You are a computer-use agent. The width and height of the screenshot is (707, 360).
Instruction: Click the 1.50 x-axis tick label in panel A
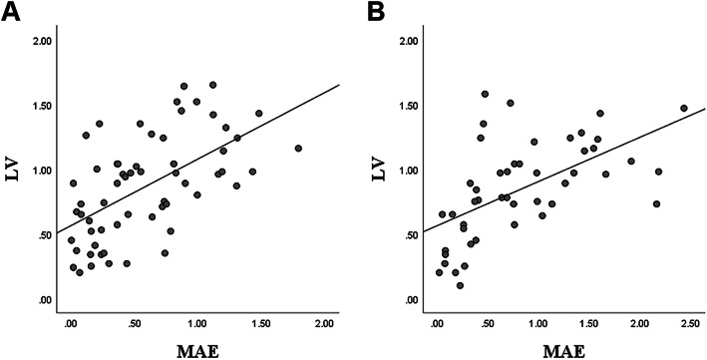(x=261, y=324)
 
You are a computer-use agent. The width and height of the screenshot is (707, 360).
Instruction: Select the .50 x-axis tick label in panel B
(x=488, y=324)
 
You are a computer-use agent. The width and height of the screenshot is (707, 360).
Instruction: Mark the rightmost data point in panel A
(x=298, y=149)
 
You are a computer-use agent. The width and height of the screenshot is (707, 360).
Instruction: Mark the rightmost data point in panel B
(x=684, y=108)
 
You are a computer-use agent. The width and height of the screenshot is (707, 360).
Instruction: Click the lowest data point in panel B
(x=460, y=285)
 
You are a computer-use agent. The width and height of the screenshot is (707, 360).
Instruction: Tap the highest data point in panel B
(x=485, y=94)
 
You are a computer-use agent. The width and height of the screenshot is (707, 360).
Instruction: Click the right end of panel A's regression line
(x=340, y=85)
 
